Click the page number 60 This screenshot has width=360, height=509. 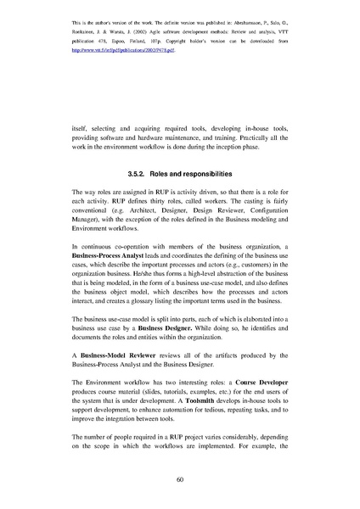tap(180, 479)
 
